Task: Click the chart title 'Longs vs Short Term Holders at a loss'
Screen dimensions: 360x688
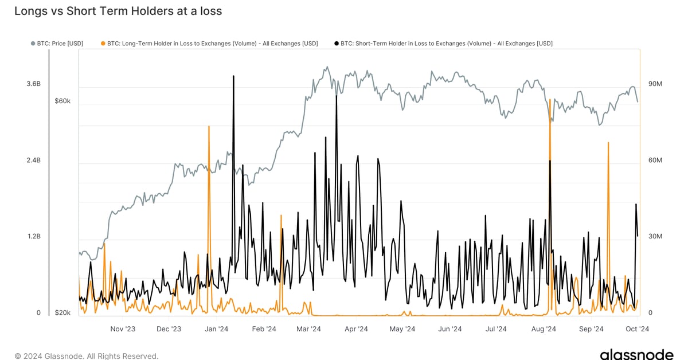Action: coord(118,11)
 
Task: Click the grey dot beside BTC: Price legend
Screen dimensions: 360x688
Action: coord(32,43)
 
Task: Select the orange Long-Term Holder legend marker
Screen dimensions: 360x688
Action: coord(103,43)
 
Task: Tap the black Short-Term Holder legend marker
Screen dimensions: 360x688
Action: coord(335,43)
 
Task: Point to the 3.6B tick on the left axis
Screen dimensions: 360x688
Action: coord(33,84)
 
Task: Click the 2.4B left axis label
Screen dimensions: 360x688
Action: coord(33,160)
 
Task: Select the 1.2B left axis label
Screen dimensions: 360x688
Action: coord(33,236)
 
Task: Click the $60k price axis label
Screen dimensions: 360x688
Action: coord(62,101)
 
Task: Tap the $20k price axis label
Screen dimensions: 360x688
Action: coord(62,312)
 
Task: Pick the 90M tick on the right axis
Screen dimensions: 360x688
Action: coord(655,84)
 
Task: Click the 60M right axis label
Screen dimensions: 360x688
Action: coord(655,160)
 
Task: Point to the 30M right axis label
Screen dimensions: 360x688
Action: coord(655,236)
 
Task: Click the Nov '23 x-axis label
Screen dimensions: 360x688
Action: coord(122,329)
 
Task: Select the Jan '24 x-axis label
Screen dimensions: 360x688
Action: coord(216,329)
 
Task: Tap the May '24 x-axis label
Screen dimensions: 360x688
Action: coord(402,329)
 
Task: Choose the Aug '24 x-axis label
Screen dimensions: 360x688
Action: coord(544,329)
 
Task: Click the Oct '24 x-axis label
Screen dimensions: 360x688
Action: coord(636,329)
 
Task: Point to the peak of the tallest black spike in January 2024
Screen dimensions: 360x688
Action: coord(233,76)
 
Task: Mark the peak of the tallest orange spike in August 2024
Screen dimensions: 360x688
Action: coord(550,100)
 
